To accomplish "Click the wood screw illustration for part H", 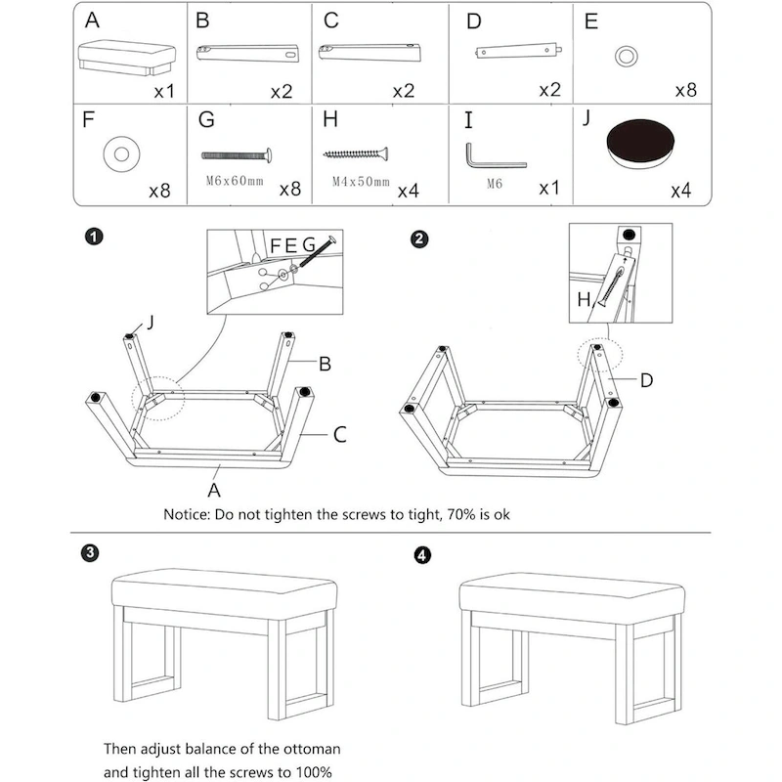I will tap(356, 153).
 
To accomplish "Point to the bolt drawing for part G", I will tap(236, 153).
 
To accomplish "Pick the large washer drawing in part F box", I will tap(123, 152).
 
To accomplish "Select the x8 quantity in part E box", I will tap(685, 90).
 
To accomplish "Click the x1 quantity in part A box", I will tap(162, 91).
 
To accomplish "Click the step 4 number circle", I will tap(421, 555).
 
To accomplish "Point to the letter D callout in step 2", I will tap(647, 380).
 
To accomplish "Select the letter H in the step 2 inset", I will tap(585, 301).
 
